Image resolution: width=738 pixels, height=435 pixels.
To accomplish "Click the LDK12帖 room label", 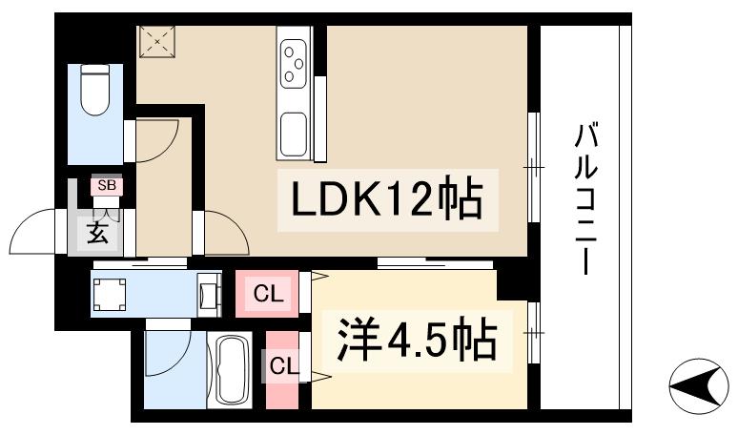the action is click(x=387, y=199).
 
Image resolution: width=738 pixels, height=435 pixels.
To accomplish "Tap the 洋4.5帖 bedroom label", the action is click(x=417, y=341).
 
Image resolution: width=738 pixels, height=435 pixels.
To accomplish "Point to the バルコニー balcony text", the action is click(x=586, y=198).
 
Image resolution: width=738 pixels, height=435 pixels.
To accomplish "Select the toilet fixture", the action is click(x=95, y=90).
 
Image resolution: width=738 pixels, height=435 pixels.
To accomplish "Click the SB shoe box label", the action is click(x=107, y=185).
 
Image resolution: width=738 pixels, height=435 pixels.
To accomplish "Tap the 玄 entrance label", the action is click(x=98, y=233).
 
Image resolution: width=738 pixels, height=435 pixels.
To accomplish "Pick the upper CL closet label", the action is click(x=268, y=294).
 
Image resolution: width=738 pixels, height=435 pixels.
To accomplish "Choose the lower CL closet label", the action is click(x=283, y=365).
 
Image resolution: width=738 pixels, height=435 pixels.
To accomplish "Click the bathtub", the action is click(x=229, y=370).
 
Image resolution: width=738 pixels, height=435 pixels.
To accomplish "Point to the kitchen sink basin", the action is click(x=294, y=134).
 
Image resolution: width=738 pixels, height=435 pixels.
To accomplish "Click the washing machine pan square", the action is click(x=110, y=294).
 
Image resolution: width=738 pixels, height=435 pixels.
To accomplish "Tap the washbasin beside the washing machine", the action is click(x=208, y=294).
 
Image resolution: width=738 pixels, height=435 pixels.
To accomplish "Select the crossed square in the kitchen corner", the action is click(x=157, y=42).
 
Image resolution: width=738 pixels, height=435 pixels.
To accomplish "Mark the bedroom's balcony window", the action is click(x=533, y=333).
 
